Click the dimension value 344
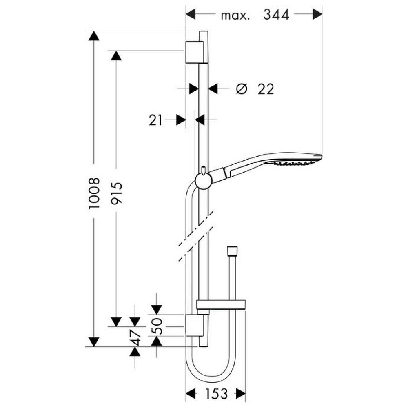(276, 14)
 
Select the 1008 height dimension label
(94, 193)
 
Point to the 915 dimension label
(116, 193)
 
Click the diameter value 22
(266, 89)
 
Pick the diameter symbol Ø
(241, 89)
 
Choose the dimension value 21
(155, 120)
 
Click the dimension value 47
(135, 337)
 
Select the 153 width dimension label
(216, 394)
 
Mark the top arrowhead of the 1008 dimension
(94, 35)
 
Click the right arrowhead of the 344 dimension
(317, 14)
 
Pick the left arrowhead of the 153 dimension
(191, 393)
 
